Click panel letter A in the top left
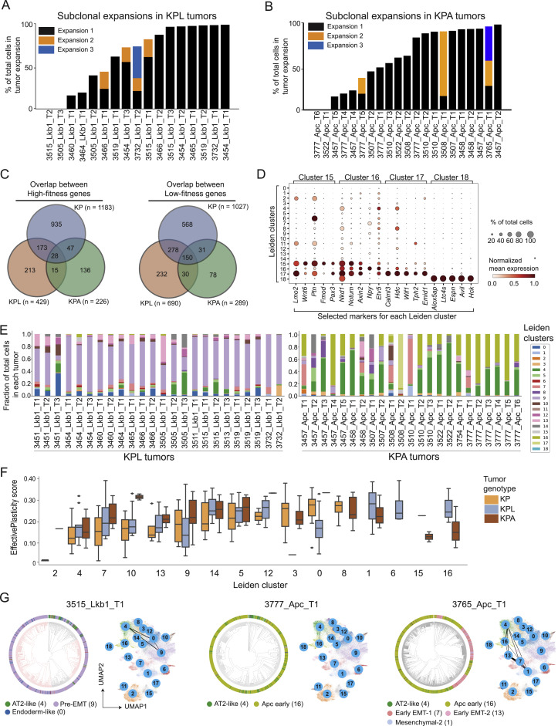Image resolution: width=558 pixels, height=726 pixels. pyautogui.click(x=7, y=8)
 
